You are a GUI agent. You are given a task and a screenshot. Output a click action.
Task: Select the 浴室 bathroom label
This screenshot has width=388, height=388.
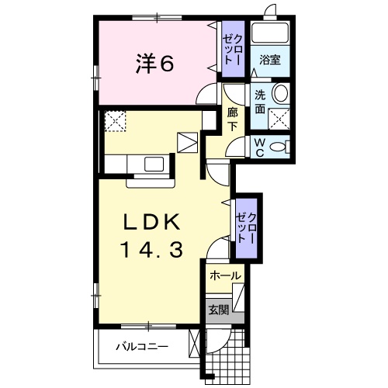tap(269, 59)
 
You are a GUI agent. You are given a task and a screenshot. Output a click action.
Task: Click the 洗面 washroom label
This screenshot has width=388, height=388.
tap(259, 102)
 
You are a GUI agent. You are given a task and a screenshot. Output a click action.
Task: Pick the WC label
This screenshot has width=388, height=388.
tap(259, 147)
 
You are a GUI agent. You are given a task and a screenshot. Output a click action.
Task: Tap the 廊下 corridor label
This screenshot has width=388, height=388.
tap(232, 120)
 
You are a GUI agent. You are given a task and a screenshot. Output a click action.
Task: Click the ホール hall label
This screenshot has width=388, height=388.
tap(225, 276)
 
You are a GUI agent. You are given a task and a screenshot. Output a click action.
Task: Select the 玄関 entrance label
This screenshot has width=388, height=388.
tap(218, 309)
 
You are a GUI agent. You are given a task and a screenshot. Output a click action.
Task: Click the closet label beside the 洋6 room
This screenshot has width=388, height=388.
tap(233, 48)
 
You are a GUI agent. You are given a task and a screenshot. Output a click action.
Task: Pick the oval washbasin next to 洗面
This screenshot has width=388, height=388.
tap(281, 93)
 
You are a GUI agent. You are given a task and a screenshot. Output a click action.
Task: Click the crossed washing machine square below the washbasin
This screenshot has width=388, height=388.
tap(280, 118)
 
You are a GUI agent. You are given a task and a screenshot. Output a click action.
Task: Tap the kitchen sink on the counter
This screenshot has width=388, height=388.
tap(153, 164)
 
